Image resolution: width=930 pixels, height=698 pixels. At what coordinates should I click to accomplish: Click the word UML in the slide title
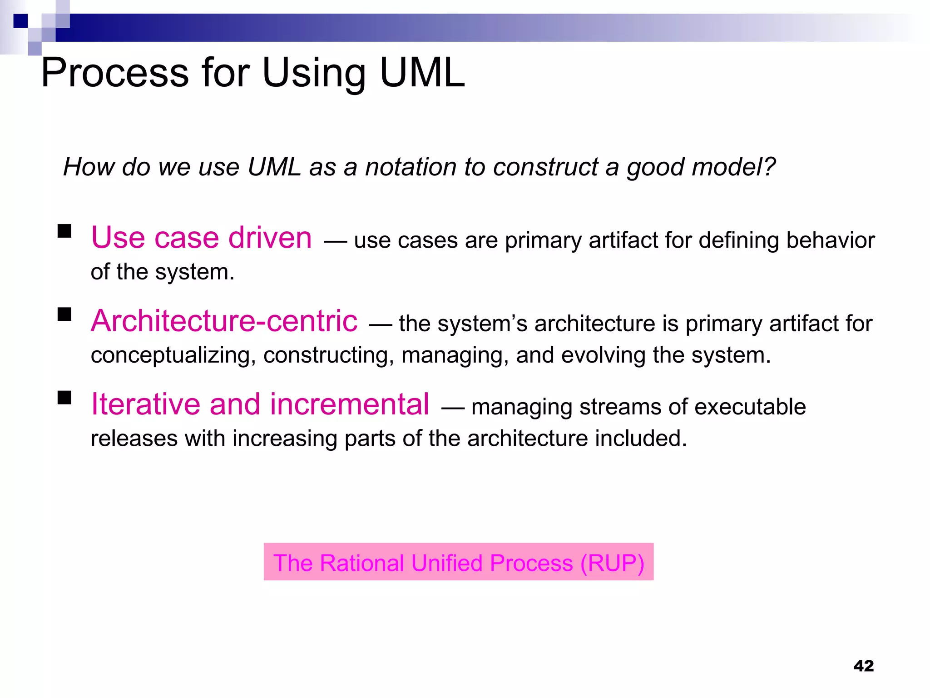(x=422, y=73)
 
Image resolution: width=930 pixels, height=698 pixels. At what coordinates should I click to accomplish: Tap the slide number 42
(x=863, y=666)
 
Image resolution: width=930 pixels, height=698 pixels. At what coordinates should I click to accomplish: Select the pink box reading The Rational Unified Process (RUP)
(x=458, y=562)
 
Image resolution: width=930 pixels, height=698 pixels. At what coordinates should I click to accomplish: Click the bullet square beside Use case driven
(x=64, y=231)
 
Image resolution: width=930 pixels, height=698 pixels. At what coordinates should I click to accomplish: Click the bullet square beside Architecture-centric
(x=64, y=314)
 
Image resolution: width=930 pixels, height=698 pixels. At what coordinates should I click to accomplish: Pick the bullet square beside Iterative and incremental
(x=64, y=398)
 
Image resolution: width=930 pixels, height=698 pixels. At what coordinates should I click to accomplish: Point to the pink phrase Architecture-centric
(x=224, y=321)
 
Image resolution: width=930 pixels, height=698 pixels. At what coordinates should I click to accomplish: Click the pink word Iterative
(x=145, y=404)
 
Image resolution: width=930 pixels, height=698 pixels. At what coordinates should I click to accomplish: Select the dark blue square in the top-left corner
(x=20, y=21)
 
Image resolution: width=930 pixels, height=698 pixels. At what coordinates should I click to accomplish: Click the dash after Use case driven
(x=335, y=241)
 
